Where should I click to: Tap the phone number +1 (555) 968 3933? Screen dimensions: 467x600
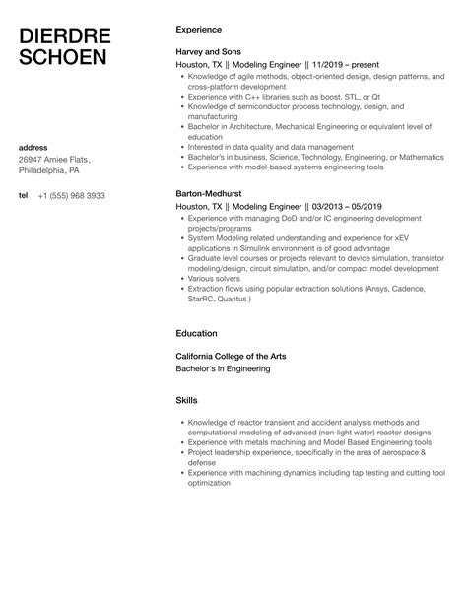click(71, 196)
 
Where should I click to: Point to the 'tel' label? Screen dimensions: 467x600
click(24, 196)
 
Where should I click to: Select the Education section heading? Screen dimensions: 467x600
click(197, 334)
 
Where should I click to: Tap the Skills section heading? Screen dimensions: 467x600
click(186, 401)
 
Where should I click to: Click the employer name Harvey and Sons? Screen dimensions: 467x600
click(210, 52)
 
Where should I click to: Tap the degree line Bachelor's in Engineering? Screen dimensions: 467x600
click(222, 368)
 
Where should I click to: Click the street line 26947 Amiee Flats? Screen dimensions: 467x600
click(55, 160)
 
